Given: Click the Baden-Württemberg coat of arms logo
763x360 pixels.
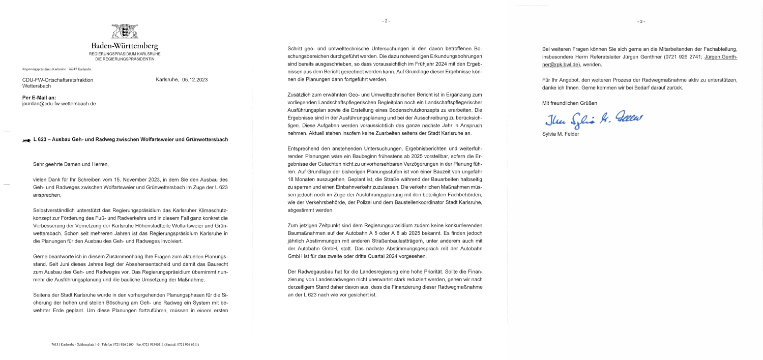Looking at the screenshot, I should coord(125,32).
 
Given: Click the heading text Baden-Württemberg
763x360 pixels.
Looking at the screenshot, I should coord(125,46).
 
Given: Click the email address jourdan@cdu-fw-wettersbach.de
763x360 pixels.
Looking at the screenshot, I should coord(59,104).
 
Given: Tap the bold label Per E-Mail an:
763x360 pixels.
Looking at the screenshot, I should coord(39,97).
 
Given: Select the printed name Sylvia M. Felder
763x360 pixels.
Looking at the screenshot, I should coord(561,134).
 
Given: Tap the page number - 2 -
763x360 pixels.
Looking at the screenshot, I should coord(386,21).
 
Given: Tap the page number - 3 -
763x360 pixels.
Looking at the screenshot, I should coord(641,21).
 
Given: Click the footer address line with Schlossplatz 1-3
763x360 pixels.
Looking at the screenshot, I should coord(125,344).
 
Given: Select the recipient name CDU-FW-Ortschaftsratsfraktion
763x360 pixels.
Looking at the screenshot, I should coord(58,80).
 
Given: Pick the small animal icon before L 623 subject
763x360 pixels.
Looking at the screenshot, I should coord(26,140).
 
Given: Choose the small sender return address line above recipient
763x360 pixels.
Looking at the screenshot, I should coord(56,69).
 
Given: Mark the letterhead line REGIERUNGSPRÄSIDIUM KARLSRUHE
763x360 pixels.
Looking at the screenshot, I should coord(125,53).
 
